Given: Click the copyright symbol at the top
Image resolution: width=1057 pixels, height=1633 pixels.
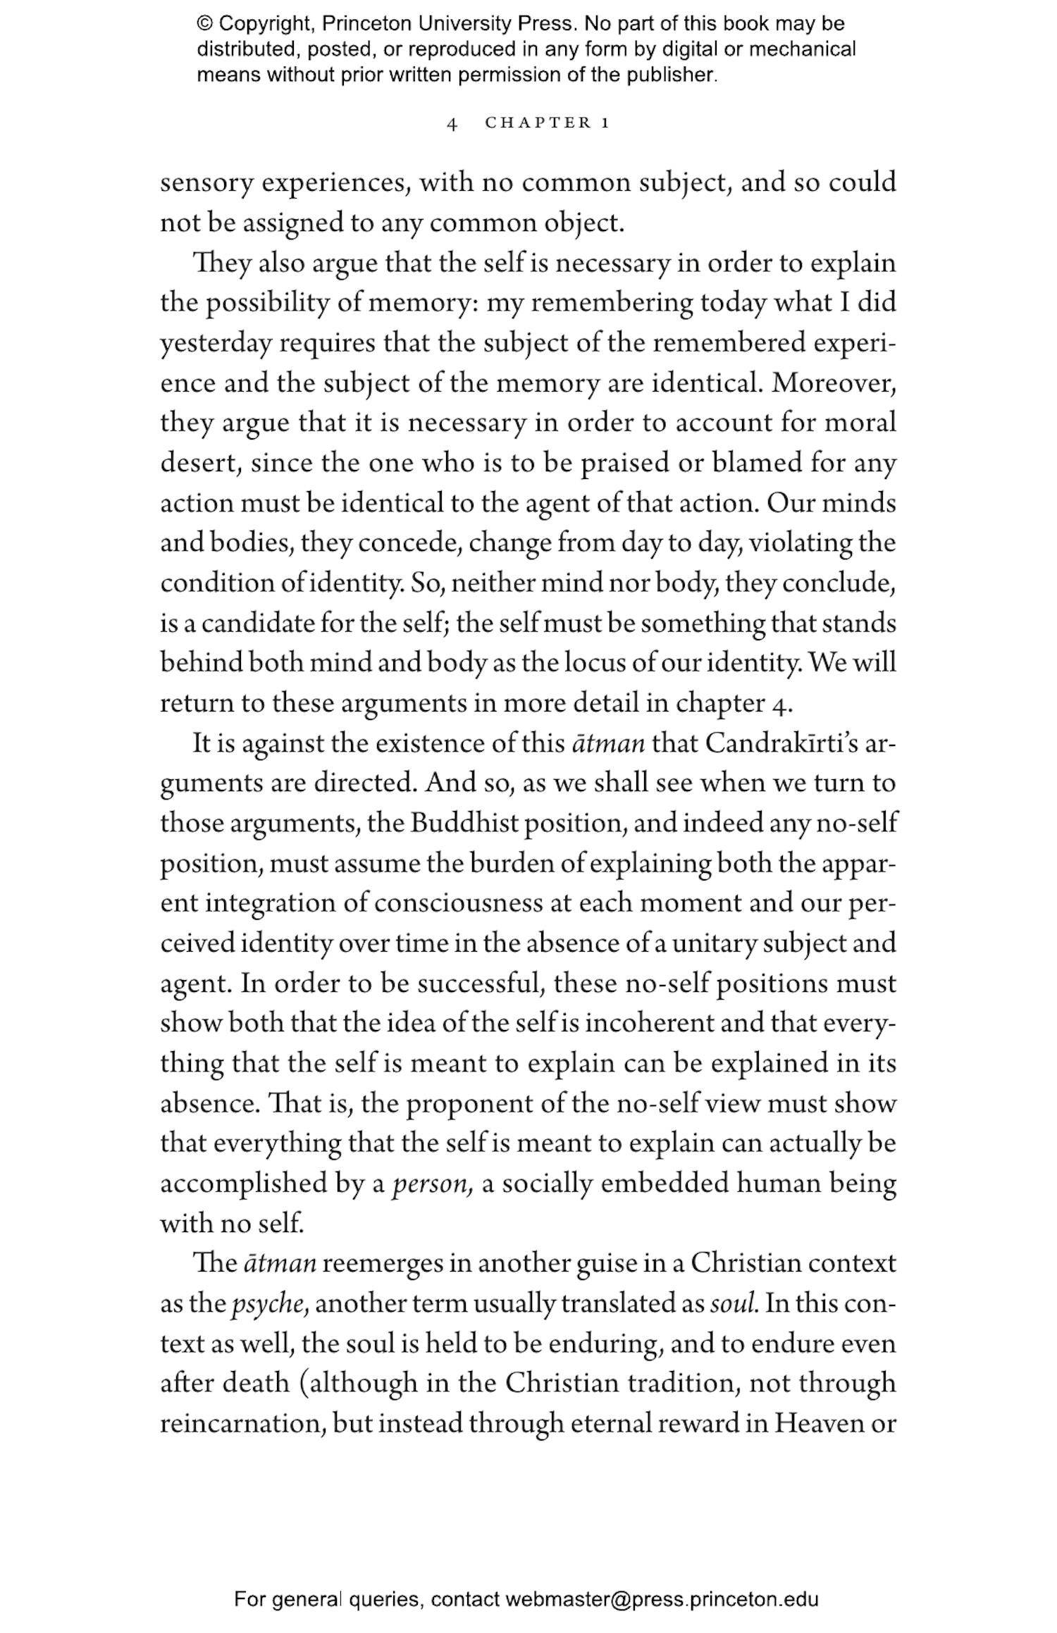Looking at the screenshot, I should [x=204, y=25].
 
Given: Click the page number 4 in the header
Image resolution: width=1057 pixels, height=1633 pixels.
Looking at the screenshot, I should [x=452, y=124].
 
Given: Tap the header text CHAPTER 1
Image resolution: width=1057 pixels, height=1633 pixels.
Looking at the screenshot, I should [x=547, y=123].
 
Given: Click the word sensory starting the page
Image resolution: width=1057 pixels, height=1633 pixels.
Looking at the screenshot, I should [x=206, y=183].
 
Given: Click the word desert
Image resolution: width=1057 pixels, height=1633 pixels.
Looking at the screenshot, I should [x=201, y=464].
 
